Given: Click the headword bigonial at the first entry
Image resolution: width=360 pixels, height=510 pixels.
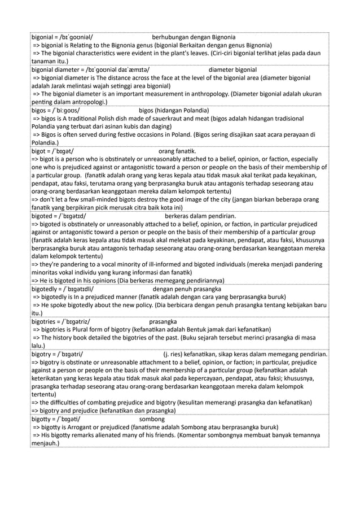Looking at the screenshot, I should point(43,37).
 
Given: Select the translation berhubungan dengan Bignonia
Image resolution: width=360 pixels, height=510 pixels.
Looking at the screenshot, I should point(194,37).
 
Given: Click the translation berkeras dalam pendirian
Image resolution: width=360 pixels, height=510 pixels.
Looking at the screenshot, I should point(200,216).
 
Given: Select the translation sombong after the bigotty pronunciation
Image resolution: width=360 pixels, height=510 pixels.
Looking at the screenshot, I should point(152,420).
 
